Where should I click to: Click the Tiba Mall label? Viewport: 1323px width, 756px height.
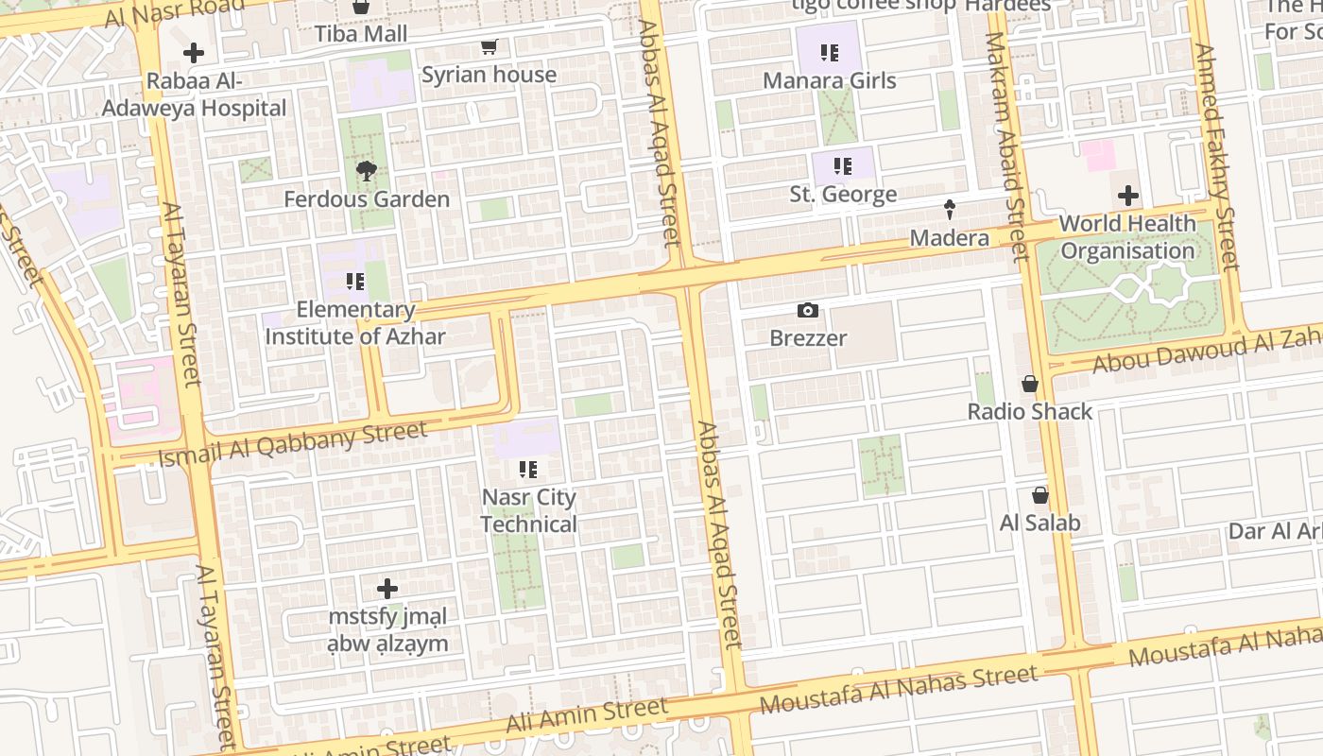click(361, 34)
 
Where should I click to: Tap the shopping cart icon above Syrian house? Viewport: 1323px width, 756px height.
click(489, 47)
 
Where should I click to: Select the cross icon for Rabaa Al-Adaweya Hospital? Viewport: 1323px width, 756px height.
click(194, 53)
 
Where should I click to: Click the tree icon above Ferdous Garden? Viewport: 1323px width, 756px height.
click(366, 171)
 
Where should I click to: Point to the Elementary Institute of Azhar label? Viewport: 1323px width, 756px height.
click(355, 323)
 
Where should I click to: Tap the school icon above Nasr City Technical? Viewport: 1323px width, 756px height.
click(528, 469)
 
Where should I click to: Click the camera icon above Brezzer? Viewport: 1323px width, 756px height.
click(808, 311)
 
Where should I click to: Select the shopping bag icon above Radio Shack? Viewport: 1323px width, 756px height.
click(1030, 384)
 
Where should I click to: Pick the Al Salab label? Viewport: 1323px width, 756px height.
click(1039, 523)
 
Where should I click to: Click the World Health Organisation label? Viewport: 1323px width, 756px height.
click(1127, 237)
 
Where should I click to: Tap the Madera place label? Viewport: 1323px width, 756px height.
click(950, 238)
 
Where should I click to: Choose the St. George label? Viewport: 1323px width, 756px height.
click(843, 195)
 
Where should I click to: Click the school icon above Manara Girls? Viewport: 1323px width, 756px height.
click(829, 53)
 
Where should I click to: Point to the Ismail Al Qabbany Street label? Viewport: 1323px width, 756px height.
click(292, 444)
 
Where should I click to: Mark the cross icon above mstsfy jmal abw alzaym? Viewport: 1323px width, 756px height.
click(387, 589)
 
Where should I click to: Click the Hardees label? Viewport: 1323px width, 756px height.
click(1007, 6)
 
